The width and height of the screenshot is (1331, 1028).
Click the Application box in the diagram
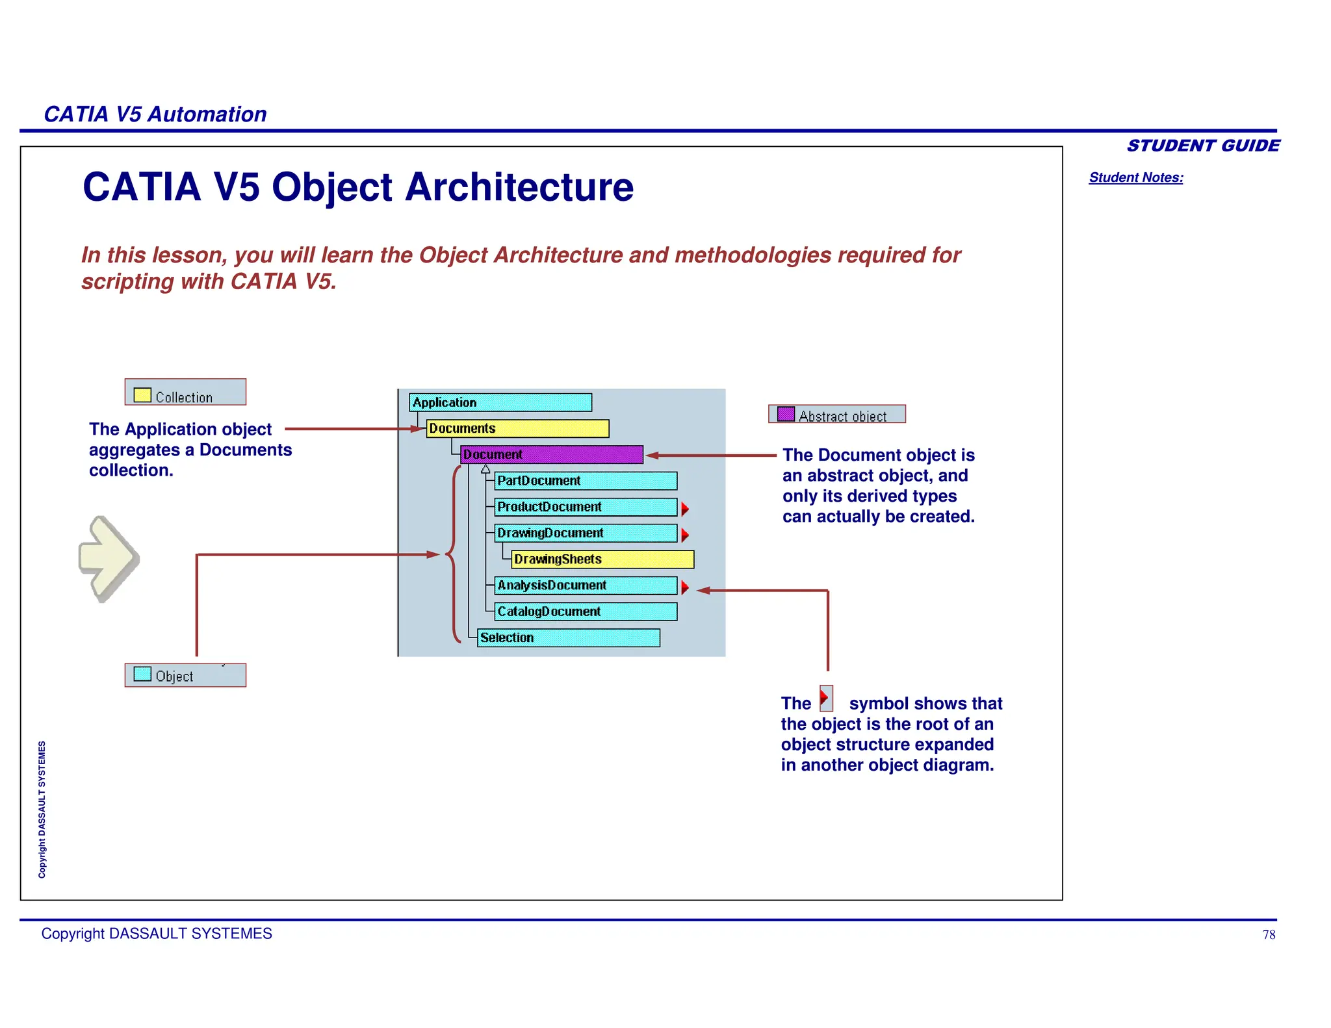(500, 402)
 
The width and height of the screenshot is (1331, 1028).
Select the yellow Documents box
(517, 428)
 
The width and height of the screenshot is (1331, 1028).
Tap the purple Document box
(551, 454)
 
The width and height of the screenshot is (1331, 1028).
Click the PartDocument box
(585, 481)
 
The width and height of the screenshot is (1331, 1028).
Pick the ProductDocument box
(585, 507)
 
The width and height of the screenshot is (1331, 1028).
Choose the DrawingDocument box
(585, 533)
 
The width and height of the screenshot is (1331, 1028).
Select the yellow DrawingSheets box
(602, 559)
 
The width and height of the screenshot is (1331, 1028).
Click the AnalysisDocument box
(585, 585)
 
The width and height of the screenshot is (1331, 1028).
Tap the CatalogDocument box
(585, 611)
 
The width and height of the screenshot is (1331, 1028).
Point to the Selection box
(568, 637)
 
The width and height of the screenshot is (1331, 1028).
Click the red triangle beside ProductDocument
(685, 509)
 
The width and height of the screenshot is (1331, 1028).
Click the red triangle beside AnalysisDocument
(685, 587)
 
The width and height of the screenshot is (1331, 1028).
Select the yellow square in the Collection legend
(142, 395)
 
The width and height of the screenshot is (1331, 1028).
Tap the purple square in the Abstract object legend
(786, 414)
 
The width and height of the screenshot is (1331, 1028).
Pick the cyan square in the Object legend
(142, 674)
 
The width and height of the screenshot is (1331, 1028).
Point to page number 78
(1269, 934)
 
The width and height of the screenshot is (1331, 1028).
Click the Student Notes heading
(1135, 177)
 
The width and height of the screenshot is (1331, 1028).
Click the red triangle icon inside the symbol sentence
(825, 699)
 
